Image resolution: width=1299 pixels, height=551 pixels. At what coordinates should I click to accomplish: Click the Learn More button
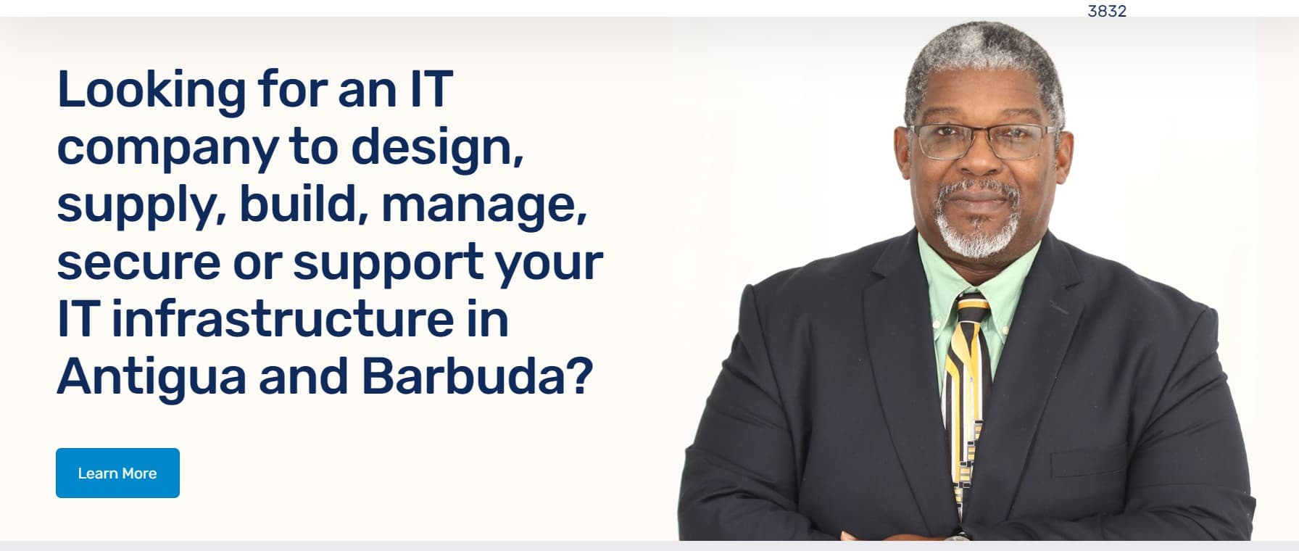click(x=117, y=473)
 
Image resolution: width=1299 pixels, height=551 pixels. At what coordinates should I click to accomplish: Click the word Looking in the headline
click(x=152, y=91)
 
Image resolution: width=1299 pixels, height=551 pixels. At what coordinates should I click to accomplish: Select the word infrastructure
click(x=310, y=319)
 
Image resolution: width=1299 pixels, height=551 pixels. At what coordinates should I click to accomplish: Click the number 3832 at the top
click(x=1107, y=11)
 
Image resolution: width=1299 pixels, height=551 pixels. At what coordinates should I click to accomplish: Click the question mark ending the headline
click(x=578, y=376)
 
